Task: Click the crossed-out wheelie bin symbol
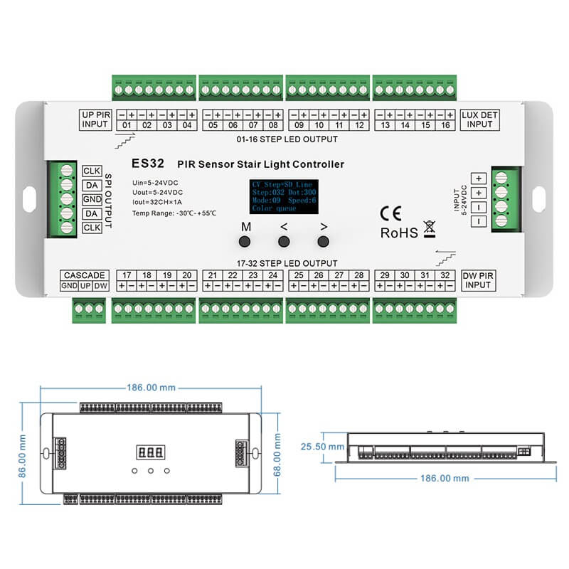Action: click(x=429, y=229)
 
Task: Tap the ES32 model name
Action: click(x=148, y=163)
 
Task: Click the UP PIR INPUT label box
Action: click(x=95, y=118)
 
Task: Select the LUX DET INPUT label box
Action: click(x=479, y=118)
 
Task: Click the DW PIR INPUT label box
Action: click(x=477, y=280)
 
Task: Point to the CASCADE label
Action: click(x=84, y=275)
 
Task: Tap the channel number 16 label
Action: click(x=445, y=125)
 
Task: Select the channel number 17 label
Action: click(x=127, y=275)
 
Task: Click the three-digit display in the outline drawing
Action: click(x=149, y=452)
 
